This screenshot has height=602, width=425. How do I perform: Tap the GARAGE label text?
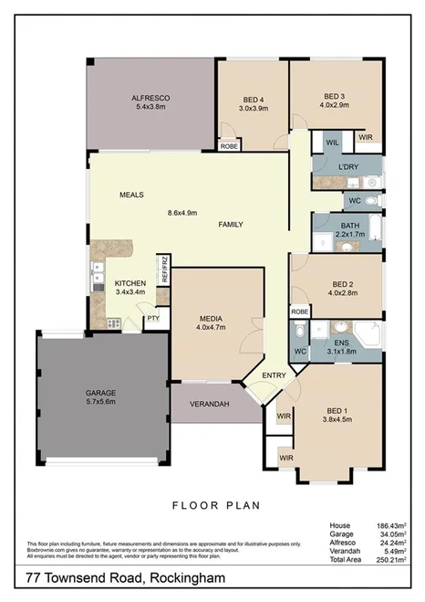click(x=100, y=392)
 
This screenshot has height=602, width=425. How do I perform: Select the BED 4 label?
click(x=254, y=99)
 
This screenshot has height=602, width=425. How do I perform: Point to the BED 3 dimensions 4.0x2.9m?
click(x=334, y=105)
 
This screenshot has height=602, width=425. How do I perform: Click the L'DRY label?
click(x=347, y=167)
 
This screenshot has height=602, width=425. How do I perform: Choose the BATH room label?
click(x=350, y=226)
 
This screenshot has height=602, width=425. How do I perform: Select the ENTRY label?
click(x=274, y=375)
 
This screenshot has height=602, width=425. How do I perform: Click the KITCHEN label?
click(x=130, y=283)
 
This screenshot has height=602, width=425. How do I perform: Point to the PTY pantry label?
click(x=153, y=318)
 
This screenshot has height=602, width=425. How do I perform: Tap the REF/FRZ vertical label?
click(x=165, y=270)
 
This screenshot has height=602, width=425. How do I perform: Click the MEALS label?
click(x=132, y=195)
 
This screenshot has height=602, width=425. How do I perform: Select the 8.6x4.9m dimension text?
click(x=182, y=213)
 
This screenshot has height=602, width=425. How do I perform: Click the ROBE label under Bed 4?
click(x=230, y=145)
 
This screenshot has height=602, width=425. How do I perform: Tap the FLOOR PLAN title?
click(x=216, y=503)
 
